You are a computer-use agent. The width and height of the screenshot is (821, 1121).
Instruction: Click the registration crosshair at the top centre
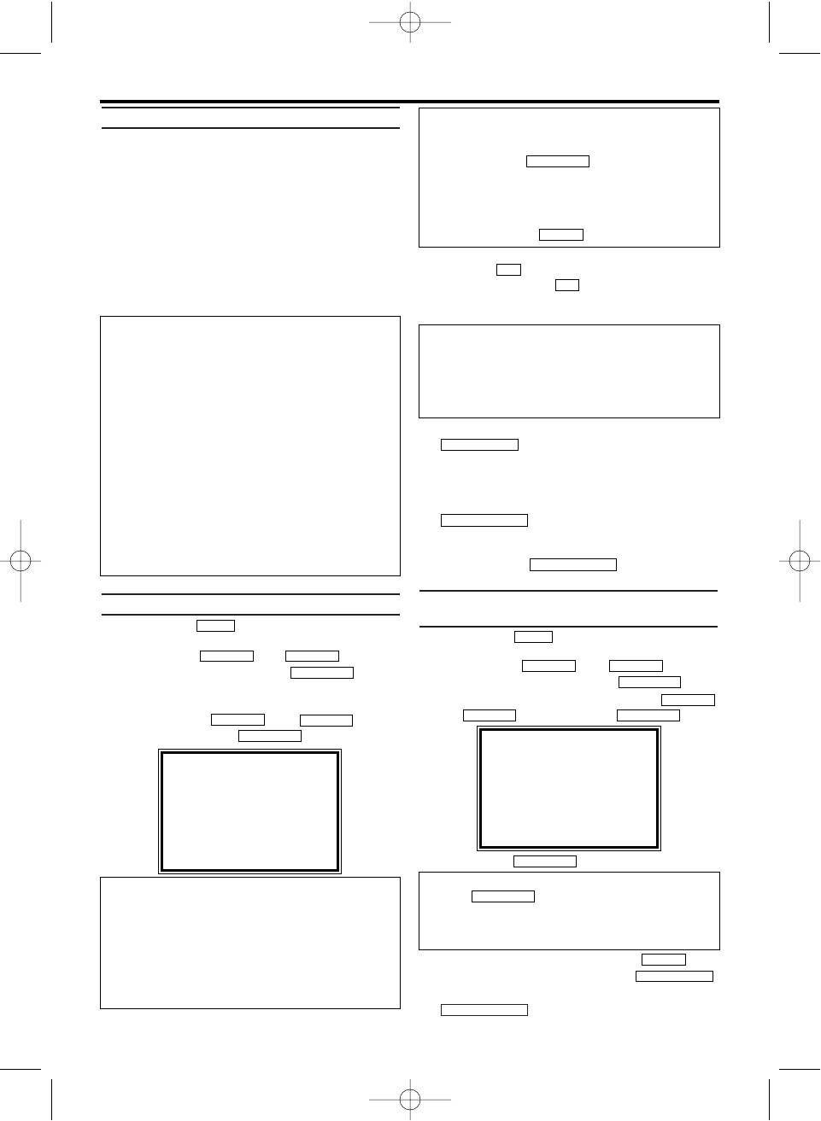click(x=410, y=22)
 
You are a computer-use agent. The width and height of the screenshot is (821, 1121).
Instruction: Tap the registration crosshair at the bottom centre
click(x=410, y=1098)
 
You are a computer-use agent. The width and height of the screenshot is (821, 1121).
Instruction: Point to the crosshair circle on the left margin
click(x=21, y=561)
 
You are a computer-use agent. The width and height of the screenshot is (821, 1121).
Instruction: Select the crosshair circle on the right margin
click(x=800, y=561)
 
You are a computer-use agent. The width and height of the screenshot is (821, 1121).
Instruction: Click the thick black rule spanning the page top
click(x=410, y=102)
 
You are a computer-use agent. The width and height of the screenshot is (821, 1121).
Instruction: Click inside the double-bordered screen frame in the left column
click(x=249, y=811)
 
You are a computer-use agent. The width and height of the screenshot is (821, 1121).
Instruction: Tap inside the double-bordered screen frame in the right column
click(x=568, y=788)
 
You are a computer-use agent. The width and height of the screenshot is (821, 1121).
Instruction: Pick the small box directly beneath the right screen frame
click(x=544, y=861)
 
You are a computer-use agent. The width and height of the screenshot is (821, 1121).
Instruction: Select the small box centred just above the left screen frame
click(x=269, y=736)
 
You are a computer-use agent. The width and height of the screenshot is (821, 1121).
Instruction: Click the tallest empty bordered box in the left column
click(x=249, y=446)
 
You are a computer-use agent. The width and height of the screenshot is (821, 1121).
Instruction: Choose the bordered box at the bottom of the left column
click(x=249, y=943)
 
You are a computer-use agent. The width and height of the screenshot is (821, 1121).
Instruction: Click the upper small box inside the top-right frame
click(x=557, y=161)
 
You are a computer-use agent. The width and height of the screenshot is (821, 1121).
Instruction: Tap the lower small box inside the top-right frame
click(x=560, y=235)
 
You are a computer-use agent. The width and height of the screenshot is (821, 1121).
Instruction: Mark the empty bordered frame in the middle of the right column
click(x=569, y=371)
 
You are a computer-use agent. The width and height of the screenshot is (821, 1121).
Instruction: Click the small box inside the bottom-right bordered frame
click(x=502, y=896)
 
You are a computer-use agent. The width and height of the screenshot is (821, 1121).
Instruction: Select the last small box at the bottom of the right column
click(x=484, y=1010)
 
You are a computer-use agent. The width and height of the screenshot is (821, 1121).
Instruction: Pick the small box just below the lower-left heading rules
click(x=215, y=626)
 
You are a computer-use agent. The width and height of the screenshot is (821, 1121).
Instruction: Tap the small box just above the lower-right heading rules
click(x=572, y=564)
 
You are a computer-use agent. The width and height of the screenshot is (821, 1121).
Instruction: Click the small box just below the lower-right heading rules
click(x=533, y=637)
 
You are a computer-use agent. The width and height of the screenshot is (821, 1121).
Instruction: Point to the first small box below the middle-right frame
click(x=479, y=445)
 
